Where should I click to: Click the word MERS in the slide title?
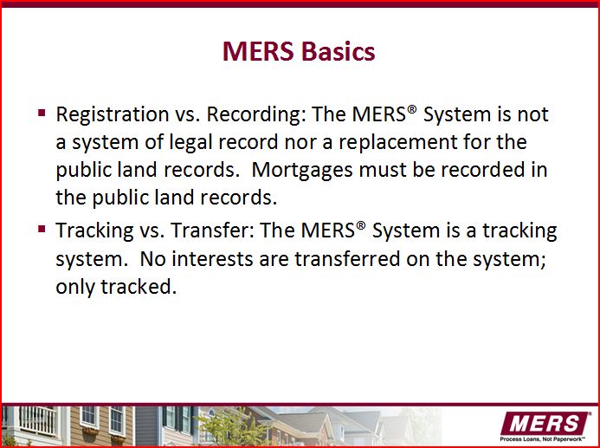[258, 51]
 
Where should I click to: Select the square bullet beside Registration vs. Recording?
[42, 113]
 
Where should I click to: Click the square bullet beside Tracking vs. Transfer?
[42, 229]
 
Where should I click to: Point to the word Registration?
[113, 115]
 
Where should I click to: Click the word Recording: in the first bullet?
[257, 115]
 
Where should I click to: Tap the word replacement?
[398, 143]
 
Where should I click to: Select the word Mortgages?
[302, 171]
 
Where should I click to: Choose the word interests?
[212, 259]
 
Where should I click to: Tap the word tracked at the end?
[139, 287]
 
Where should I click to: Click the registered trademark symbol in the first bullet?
[412, 109]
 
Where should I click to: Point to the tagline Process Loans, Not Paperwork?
[543, 438]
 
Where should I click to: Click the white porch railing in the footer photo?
[37, 421]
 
